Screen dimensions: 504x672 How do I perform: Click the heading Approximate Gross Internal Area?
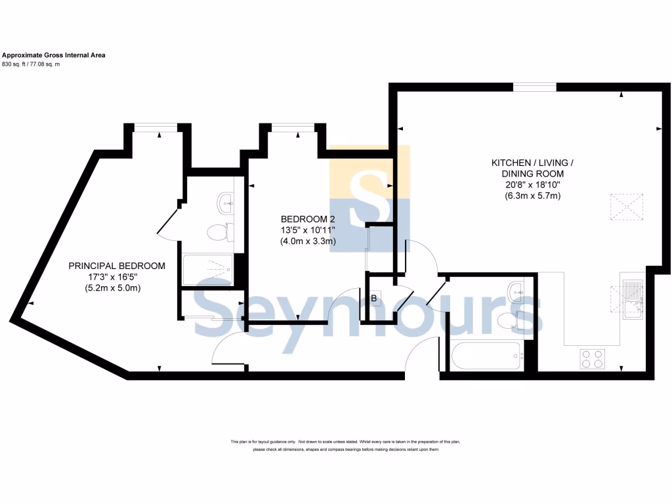[x=54, y=55]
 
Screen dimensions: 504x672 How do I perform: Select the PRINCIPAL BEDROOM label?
[x=117, y=266]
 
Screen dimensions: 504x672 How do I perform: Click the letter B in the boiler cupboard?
[x=374, y=299]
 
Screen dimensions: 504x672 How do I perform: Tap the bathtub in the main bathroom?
[x=486, y=357]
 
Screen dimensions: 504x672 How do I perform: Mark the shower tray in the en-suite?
[x=206, y=269]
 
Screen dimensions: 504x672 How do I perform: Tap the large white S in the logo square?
[x=369, y=198]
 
